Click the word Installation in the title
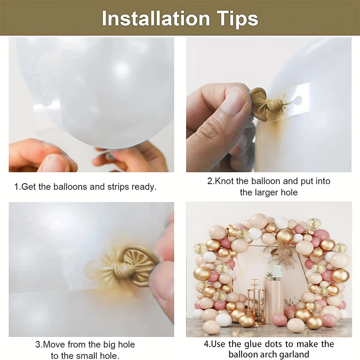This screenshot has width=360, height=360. [x=156, y=18]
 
